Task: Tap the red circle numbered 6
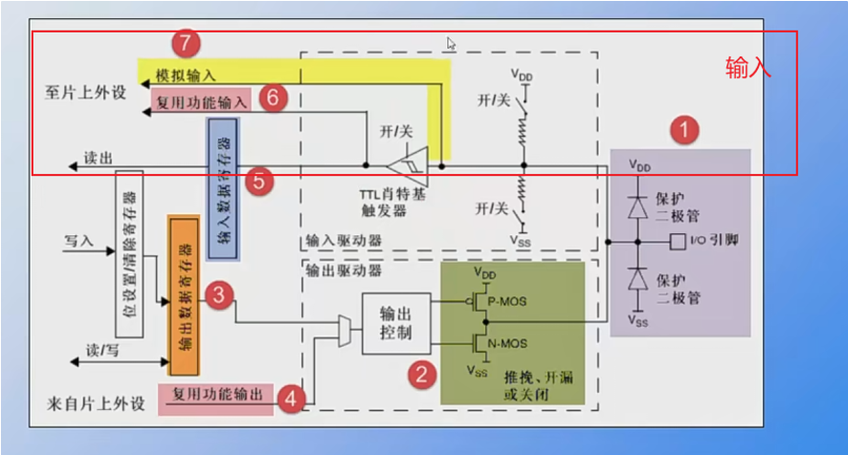click(x=274, y=97)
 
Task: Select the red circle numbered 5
click(x=257, y=180)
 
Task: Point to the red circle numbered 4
click(x=292, y=400)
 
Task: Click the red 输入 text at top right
click(x=748, y=68)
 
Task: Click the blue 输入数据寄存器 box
click(x=223, y=190)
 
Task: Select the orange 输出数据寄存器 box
click(x=182, y=294)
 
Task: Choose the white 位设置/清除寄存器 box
click(x=129, y=254)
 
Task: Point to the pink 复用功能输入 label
click(x=201, y=99)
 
